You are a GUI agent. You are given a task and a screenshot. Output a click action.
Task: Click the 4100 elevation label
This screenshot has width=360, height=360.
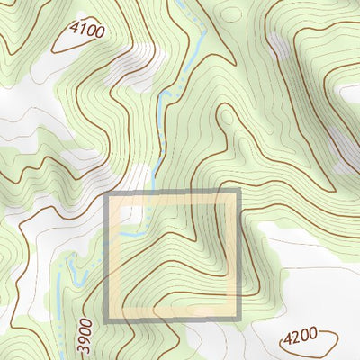click(87, 31)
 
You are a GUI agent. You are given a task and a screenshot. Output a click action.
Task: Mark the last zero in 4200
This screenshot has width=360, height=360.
click(313, 335)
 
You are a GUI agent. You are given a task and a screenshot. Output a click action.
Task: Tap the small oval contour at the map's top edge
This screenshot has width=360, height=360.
click(233, 13)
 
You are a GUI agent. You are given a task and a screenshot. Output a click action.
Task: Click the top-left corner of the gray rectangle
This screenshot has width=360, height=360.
click(108, 194)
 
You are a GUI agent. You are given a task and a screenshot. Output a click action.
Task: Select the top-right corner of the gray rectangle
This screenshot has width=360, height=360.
click(239, 193)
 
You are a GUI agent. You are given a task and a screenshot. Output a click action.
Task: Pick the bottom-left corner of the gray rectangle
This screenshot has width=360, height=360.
click(108, 320)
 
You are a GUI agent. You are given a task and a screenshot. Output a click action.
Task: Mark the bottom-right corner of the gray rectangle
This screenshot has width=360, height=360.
click(239, 320)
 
